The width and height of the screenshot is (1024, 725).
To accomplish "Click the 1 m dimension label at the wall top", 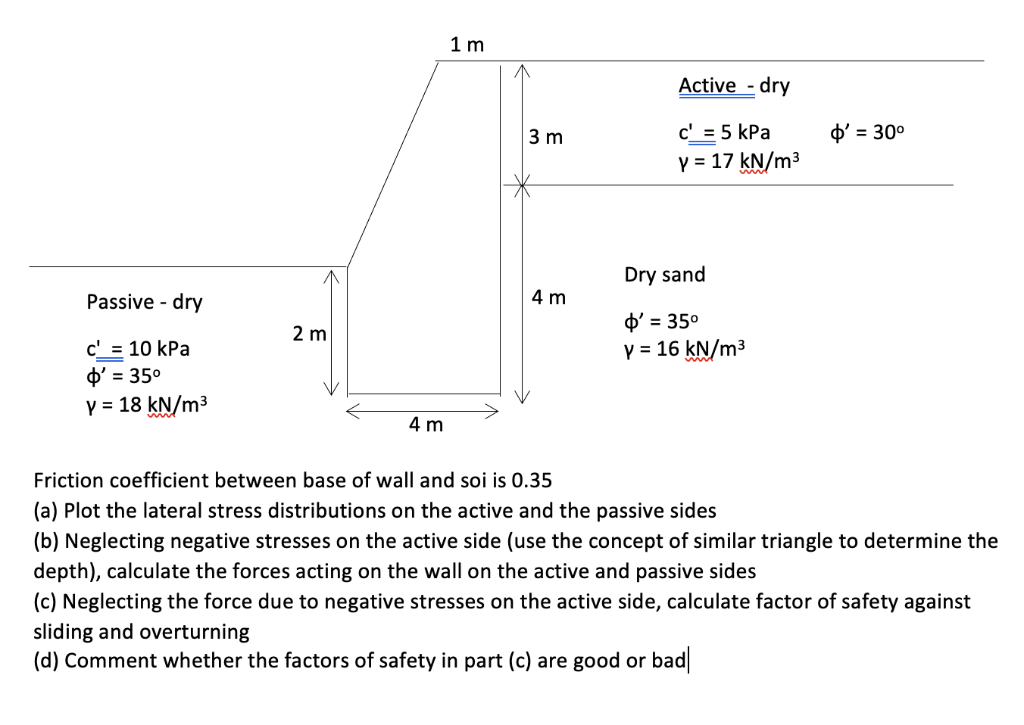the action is (467, 45).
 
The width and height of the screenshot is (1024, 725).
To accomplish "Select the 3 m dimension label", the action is (545, 137).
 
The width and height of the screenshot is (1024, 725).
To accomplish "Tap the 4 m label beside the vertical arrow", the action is (548, 297).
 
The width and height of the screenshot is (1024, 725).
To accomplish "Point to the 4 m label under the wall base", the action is (426, 425).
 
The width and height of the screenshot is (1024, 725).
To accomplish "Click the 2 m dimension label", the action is (309, 333).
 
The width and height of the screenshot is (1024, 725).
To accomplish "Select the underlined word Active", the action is (707, 86).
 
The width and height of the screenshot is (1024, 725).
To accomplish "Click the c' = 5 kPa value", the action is (724, 132).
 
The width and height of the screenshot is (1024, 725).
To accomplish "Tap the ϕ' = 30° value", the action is (866, 132).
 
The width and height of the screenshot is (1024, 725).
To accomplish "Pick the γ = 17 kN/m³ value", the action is (738, 160).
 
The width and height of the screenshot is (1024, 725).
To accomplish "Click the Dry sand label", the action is (664, 274).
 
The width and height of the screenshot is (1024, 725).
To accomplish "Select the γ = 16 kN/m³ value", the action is (684, 348).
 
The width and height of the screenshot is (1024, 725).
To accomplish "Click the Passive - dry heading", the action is (144, 302).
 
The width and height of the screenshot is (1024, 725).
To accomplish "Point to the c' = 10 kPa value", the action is (138, 349).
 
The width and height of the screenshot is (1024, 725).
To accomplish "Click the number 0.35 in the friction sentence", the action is (532, 481).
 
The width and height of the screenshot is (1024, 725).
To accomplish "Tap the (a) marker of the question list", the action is (46, 511).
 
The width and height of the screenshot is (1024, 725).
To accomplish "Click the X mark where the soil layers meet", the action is (519, 184).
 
